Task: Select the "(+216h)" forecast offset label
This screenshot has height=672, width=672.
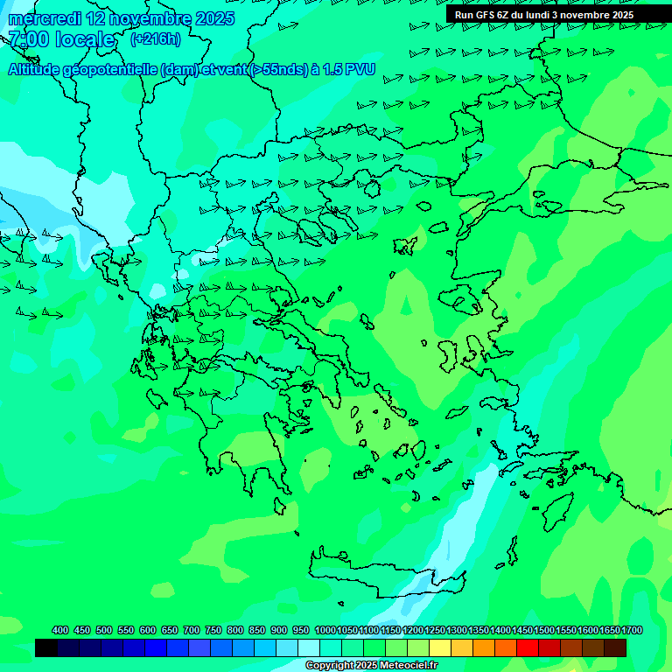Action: [156, 39]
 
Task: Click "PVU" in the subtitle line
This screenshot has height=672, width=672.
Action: [360, 70]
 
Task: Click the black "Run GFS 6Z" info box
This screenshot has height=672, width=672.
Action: [544, 15]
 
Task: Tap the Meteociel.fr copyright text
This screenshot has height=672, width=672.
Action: [371, 665]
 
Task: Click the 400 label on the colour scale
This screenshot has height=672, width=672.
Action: [60, 630]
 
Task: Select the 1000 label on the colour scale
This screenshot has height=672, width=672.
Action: [325, 630]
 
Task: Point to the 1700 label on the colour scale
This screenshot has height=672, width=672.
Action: [632, 630]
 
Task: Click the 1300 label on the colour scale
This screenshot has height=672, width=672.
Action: [457, 630]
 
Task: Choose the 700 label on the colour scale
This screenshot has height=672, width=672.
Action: [192, 630]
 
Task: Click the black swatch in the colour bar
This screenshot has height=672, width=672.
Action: [46, 647]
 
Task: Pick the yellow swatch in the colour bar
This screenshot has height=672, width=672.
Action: [440, 647]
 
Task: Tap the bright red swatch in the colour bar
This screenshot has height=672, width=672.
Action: [528, 647]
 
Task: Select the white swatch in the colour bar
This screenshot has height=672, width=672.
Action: [309, 647]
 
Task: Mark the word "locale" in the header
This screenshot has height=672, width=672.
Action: [85, 39]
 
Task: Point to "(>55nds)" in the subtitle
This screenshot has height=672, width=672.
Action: [279, 70]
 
